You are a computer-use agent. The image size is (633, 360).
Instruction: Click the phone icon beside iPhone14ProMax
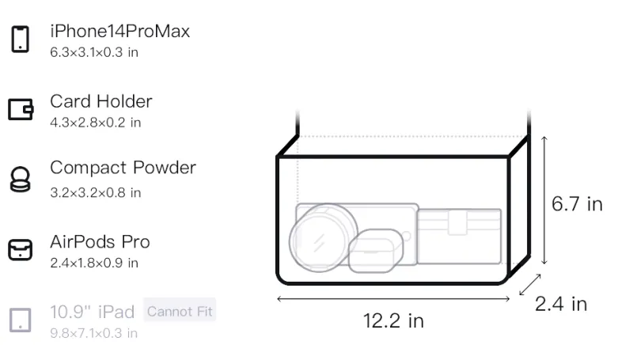point(21,39)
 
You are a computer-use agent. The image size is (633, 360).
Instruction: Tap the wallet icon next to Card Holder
point(21,109)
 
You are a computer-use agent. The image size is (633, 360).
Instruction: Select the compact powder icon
point(21,179)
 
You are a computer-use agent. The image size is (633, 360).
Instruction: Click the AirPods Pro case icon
point(21,250)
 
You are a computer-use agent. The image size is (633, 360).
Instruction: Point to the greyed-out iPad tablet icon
point(21,320)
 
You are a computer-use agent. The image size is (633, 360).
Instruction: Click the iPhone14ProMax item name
point(120,31)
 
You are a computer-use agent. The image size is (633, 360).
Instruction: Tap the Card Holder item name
point(101,101)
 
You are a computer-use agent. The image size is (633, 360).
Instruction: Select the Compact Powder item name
point(123,168)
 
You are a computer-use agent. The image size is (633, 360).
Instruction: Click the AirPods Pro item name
point(100,242)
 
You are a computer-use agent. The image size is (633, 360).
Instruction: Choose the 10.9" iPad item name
point(92,312)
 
